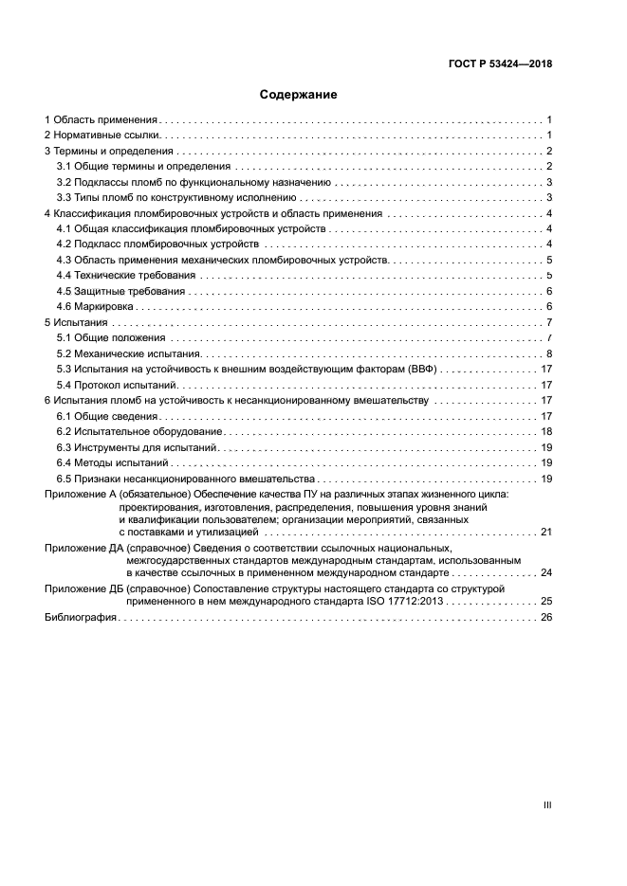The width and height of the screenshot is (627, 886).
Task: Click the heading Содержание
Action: click(299, 95)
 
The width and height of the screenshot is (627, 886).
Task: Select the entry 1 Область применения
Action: click(101, 120)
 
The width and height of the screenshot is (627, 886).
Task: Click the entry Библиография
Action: click(81, 617)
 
